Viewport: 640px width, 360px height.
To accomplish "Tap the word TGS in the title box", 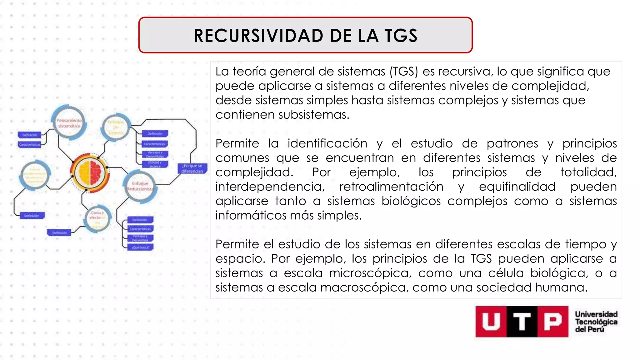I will [x=401, y=36].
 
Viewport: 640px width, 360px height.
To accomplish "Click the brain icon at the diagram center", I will [x=90, y=173].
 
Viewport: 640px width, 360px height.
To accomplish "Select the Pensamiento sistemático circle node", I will [x=69, y=123].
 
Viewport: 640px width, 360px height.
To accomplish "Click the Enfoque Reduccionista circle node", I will [x=140, y=186].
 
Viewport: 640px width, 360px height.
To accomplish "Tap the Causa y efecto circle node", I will [x=97, y=219].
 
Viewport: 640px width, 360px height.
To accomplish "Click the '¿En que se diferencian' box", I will [x=192, y=168].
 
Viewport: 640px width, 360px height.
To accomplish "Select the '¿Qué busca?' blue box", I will [x=140, y=247].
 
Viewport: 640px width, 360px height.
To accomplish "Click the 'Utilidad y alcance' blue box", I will [x=155, y=164].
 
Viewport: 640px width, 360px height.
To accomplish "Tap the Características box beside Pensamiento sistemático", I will [x=30, y=145].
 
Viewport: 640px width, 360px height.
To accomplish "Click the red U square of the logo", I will [x=491, y=322].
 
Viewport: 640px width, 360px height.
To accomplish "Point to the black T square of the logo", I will [x=522, y=322].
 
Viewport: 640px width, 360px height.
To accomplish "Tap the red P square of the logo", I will [x=552, y=322].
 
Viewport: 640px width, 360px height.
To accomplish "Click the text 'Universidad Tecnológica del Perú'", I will [x=596, y=322].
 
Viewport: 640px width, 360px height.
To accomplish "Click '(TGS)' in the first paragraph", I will [x=403, y=72].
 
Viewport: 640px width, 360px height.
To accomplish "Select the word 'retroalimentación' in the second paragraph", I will [x=391, y=187].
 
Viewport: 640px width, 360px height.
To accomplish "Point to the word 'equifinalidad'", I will [x=517, y=187].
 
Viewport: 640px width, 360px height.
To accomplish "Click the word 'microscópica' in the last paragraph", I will [x=369, y=273].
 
